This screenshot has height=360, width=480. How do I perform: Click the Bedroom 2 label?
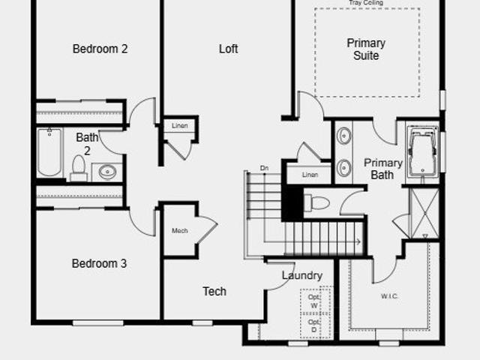tap(100, 49)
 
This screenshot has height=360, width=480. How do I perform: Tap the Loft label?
tap(228, 49)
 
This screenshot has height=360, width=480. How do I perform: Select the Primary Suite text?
tap(366, 49)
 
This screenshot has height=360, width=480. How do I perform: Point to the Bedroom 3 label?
tap(99, 263)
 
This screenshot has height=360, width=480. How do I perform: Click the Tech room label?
tap(214, 292)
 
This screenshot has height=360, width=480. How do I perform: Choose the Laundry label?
tap(302, 275)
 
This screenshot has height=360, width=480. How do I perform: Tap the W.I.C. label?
tap(389, 296)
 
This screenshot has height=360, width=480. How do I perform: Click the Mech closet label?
tap(180, 230)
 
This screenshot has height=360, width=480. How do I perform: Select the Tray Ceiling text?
tap(366, 3)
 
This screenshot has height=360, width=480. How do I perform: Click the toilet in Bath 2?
tap(79, 168)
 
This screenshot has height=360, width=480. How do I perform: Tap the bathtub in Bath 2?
tap(49, 152)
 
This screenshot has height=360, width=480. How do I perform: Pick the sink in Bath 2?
tap(107, 172)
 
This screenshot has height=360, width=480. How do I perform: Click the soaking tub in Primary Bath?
tap(423, 152)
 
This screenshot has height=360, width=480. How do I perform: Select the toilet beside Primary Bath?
tap(316, 202)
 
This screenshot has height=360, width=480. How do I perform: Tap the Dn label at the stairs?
tap(264, 168)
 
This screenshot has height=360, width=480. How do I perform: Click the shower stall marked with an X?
tap(424, 213)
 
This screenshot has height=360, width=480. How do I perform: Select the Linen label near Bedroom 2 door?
tap(180, 125)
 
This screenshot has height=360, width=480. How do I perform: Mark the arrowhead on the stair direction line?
tap(359, 241)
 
